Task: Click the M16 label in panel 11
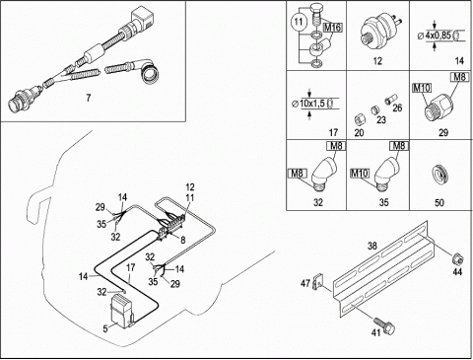[x=333, y=28]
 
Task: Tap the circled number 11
[x=299, y=22]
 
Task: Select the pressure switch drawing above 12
[x=381, y=32]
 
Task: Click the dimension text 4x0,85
[x=439, y=36]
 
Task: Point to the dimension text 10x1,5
[x=312, y=104]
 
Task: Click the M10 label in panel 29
[x=422, y=88]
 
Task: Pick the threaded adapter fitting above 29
[x=439, y=106]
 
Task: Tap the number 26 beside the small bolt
[x=397, y=108]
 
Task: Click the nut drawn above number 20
[x=361, y=119]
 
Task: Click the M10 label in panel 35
[x=360, y=173]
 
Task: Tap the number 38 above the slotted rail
[x=372, y=246]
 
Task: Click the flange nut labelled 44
[x=457, y=259]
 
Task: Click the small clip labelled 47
[x=317, y=283]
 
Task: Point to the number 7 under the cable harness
[x=88, y=98]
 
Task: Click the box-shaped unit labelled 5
[x=122, y=311]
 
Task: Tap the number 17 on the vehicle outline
[x=131, y=267]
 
